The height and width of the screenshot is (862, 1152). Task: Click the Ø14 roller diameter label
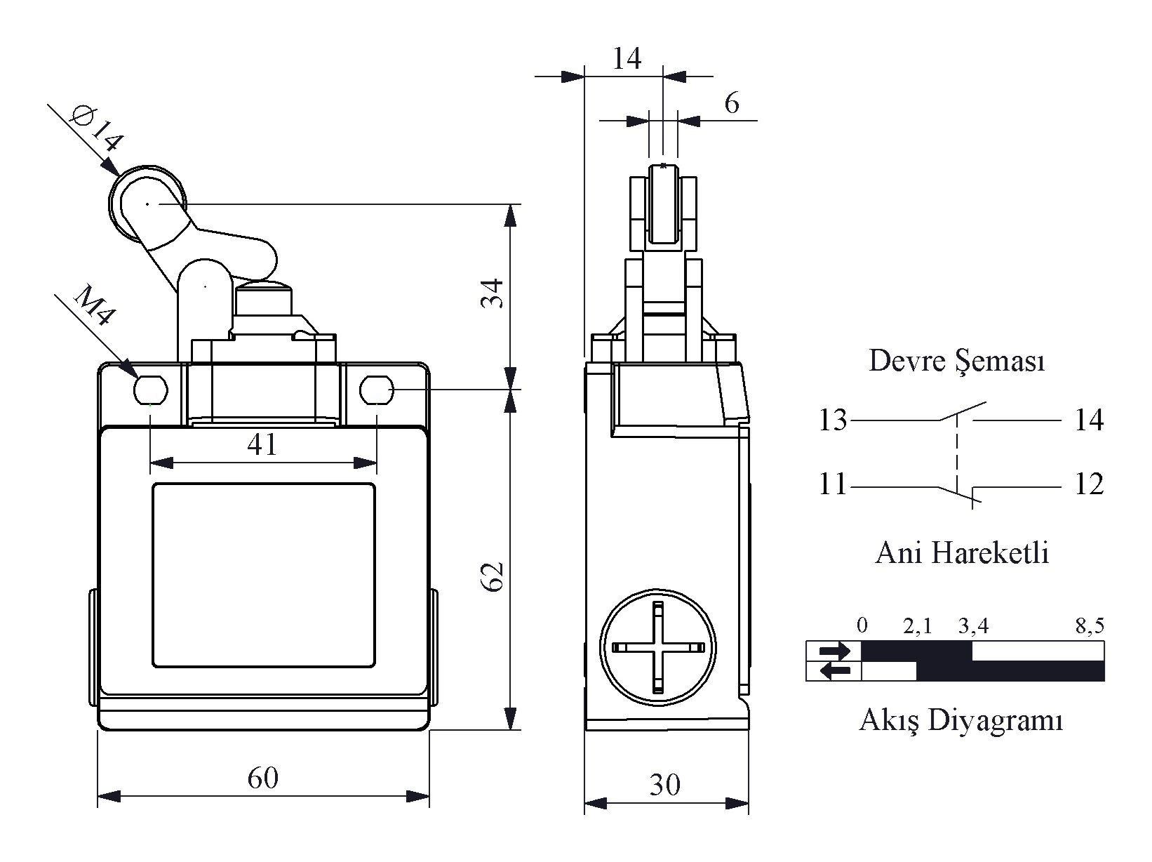point(97,128)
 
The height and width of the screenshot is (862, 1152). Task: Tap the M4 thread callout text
point(94,305)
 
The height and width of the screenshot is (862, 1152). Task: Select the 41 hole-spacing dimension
point(262,444)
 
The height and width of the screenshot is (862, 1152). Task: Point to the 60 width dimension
point(263,778)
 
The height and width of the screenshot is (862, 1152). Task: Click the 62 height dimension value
point(493,577)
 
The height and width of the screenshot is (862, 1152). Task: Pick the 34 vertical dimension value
point(493,293)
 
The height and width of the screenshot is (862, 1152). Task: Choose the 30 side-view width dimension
point(665,785)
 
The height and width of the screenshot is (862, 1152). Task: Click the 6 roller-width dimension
point(732,103)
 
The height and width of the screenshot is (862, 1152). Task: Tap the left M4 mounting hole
point(151,390)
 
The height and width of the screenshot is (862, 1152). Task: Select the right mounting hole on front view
point(377,390)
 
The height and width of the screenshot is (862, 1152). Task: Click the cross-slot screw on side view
point(658,647)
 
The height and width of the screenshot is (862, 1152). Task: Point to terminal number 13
point(833,420)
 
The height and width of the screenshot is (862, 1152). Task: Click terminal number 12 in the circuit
point(1089,484)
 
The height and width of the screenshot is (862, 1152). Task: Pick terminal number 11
point(833,484)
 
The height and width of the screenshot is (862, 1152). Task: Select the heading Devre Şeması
point(957,361)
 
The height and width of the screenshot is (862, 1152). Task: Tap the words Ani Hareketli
point(962,553)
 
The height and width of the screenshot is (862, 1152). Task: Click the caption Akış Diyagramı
point(961,720)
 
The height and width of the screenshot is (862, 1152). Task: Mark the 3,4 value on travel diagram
point(973,625)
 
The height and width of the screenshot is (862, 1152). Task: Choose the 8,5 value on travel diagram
point(1090,625)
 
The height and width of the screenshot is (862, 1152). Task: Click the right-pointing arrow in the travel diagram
point(834,651)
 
